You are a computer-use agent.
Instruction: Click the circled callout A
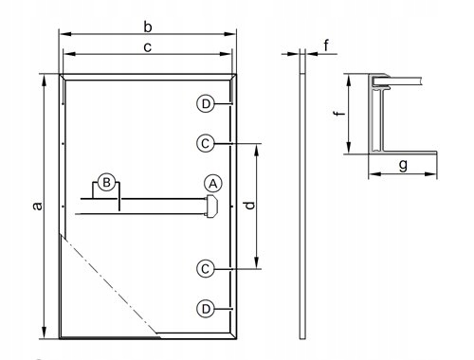(x=212, y=182)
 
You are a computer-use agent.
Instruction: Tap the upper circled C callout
(x=205, y=143)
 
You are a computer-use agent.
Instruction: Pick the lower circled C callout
(x=205, y=268)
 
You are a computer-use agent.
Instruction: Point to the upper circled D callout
(x=205, y=103)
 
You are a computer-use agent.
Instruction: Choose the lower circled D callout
(x=205, y=308)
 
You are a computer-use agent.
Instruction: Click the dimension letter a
(x=36, y=206)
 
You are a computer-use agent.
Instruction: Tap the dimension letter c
(x=146, y=45)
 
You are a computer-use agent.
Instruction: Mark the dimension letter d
(x=248, y=205)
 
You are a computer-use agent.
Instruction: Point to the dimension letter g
(x=403, y=165)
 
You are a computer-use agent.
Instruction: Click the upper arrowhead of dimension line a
(x=45, y=80)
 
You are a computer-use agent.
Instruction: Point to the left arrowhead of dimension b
(x=64, y=34)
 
